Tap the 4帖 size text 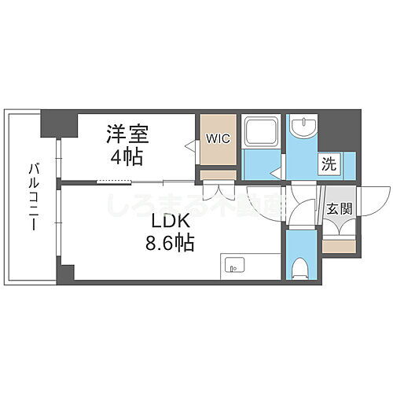click(x=126, y=156)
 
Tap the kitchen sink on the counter click(x=233, y=265)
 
